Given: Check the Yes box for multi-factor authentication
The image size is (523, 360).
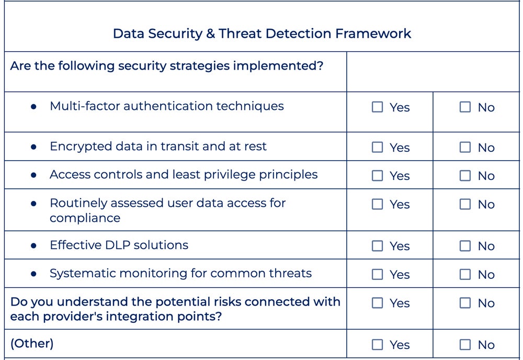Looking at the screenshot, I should point(377,107).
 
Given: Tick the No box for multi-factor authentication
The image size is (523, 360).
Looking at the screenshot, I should point(465,107).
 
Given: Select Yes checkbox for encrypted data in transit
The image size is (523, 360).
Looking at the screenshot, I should point(377,148).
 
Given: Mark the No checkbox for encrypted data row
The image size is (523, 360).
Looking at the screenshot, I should point(465,148).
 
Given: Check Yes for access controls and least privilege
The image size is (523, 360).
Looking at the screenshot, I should point(377,176).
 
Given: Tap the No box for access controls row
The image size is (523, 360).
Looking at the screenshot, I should point(465,176).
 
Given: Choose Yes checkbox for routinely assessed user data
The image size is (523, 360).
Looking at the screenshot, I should point(377,204).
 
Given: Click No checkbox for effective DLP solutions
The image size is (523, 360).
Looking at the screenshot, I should point(465,246).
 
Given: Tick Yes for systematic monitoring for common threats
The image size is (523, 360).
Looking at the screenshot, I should point(377,274).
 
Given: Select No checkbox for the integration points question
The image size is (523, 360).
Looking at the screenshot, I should point(465,303).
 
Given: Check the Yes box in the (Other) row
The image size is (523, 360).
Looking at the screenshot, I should point(377,345).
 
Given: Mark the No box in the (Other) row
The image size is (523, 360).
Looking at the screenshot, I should point(465,345).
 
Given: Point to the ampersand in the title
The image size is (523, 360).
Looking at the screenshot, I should point(210,33).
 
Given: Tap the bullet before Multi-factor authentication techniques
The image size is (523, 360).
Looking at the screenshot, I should point(34,106).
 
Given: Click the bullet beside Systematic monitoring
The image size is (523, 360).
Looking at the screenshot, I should point(34,274).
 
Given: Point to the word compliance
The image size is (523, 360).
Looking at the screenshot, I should point(85,218).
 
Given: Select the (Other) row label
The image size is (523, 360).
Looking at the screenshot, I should point(32,343).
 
